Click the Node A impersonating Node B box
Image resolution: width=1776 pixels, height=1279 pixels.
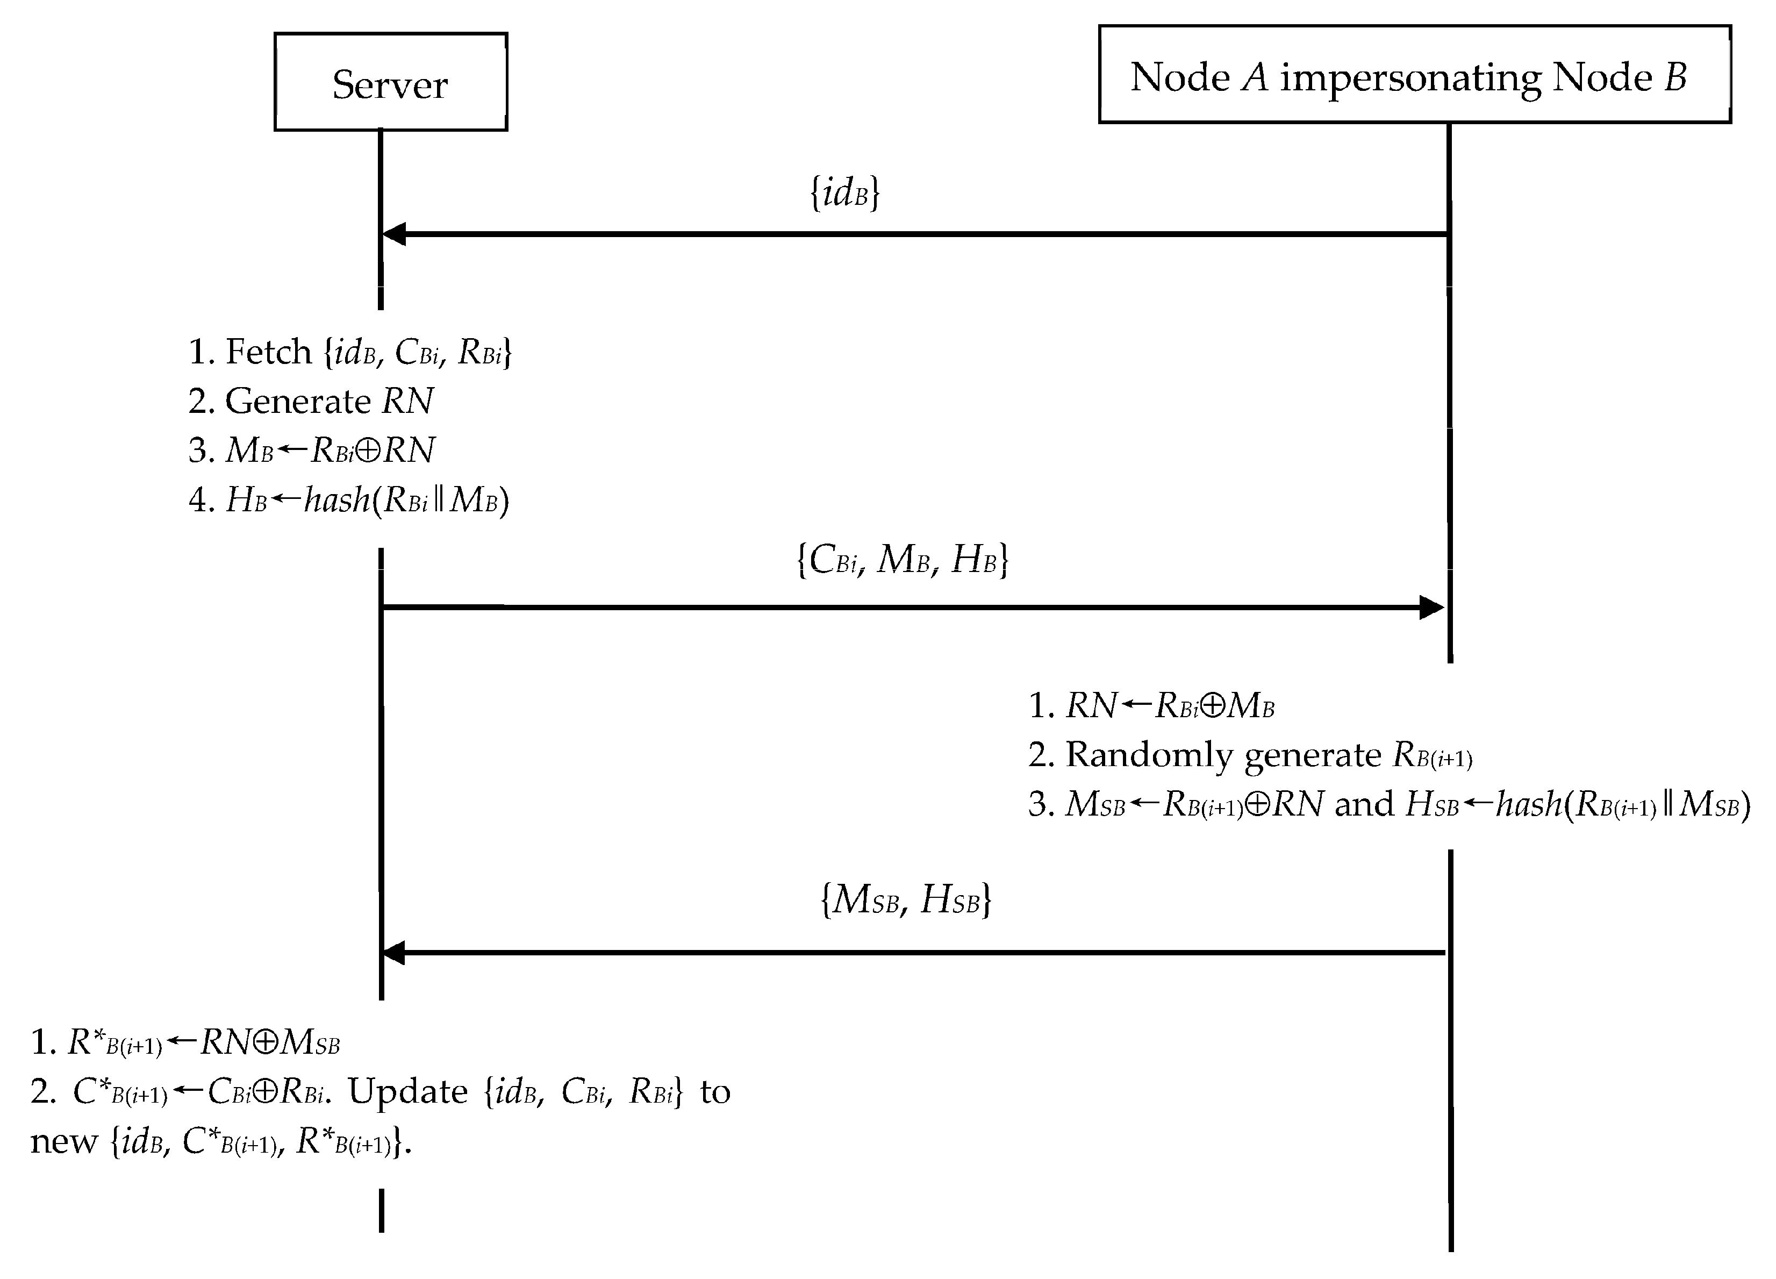(1414, 75)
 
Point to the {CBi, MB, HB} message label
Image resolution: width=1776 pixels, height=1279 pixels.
(902, 559)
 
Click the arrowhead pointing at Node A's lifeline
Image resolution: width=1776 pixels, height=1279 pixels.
(1431, 607)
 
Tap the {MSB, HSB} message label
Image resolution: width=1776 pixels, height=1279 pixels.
(905, 899)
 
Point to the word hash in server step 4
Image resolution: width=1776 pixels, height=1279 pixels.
(336, 499)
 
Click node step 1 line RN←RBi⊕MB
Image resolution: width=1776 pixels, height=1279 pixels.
(1151, 706)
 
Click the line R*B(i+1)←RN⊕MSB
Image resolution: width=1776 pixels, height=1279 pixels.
(185, 1042)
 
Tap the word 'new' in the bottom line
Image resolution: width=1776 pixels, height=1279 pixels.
(63, 1141)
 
